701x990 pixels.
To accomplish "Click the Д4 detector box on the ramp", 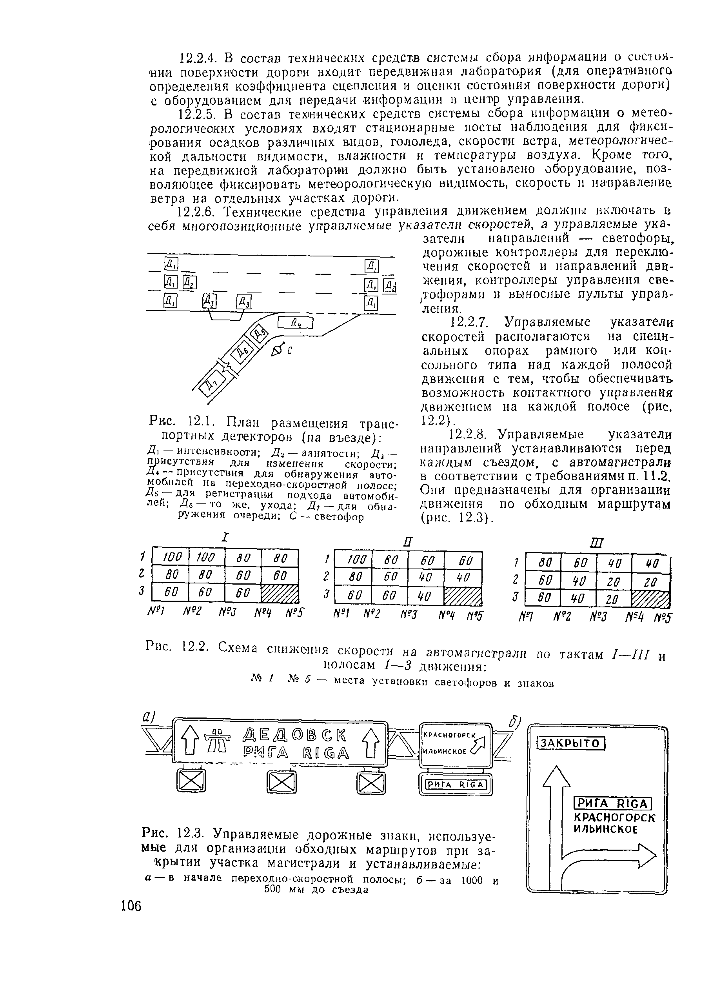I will pos(296,322).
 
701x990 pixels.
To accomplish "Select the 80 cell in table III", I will pos(543,562).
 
